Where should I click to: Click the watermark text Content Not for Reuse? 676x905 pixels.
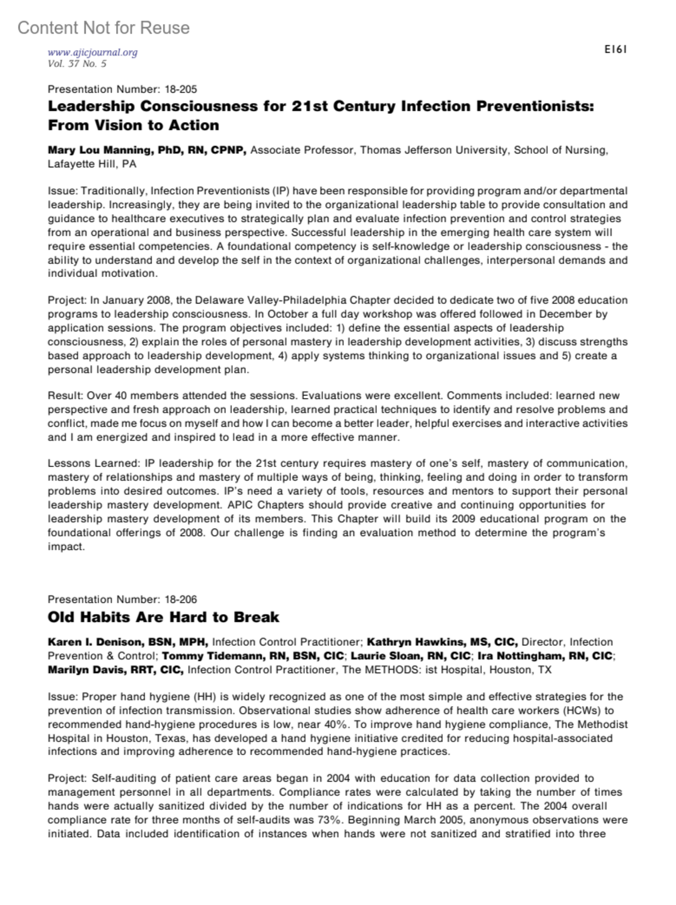tap(104, 28)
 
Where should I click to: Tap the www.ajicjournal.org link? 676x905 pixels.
tap(92, 52)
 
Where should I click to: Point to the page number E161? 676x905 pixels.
tap(615, 50)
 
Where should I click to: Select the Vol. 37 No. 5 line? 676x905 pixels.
tap(77, 64)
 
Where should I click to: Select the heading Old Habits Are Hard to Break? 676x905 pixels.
tap(163, 617)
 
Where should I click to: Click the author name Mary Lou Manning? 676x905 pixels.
tap(89, 150)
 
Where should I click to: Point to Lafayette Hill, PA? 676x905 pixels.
tap(92, 164)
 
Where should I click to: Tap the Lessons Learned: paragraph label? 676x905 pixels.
tap(93, 463)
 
